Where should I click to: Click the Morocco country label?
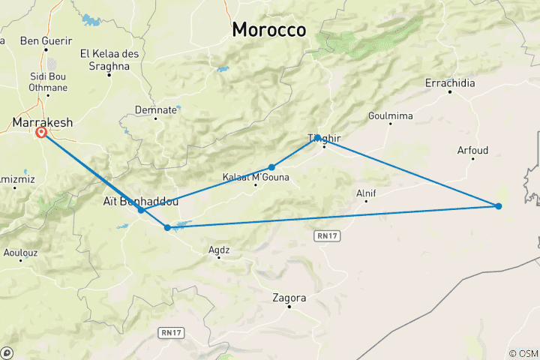tap(268, 29)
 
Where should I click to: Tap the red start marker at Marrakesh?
tap(41, 133)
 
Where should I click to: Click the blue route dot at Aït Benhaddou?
tap(141, 210)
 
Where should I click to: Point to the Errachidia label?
tap(450, 83)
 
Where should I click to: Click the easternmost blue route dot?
tap(499, 205)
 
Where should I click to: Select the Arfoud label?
tap(472, 151)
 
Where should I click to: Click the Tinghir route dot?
tap(318, 137)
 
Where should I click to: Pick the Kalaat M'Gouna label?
tap(255, 178)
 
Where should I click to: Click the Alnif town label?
tap(366, 193)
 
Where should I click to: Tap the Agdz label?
tap(219, 248)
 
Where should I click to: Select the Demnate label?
tap(156, 109)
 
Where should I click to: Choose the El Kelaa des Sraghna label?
tap(105, 60)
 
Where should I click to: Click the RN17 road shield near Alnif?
tap(323, 235)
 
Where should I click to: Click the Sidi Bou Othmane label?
tap(48, 83)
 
